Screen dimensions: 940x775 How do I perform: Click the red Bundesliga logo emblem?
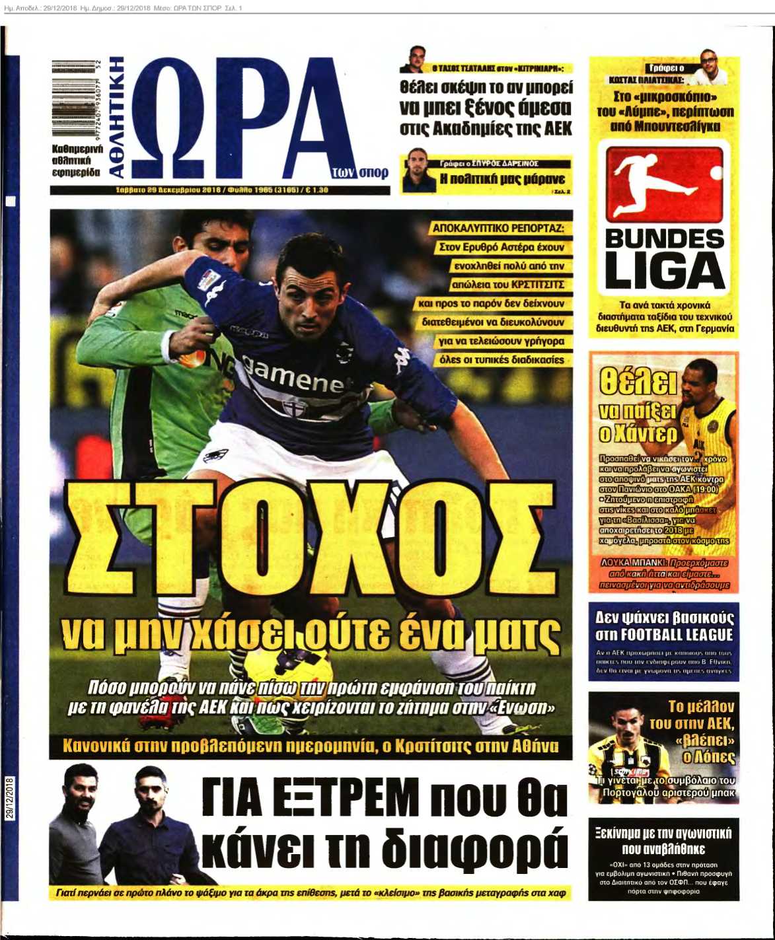coord(664,182)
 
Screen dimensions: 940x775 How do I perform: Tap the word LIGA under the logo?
coord(664,272)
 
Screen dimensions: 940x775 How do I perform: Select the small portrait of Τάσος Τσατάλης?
coord(415,59)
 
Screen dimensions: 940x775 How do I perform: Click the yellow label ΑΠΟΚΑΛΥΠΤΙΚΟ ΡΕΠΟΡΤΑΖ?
coord(498,228)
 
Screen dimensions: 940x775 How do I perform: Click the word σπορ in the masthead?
coord(373,173)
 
